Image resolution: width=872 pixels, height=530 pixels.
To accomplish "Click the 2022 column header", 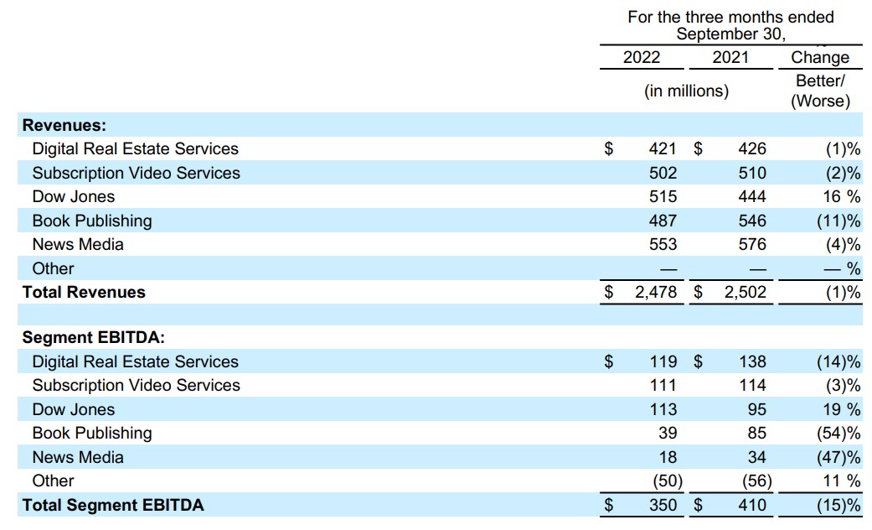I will point(642,58).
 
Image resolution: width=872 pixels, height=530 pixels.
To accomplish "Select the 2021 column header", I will point(730,58).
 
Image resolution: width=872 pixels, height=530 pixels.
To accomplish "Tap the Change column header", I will point(820,58).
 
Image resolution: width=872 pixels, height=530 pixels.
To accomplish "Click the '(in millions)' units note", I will point(686,91).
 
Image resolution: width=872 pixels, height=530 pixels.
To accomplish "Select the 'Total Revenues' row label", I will point(84,292).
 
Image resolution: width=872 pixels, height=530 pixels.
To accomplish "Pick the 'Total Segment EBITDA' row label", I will point(113,505).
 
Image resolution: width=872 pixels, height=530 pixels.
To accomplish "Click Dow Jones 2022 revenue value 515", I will point(663,197).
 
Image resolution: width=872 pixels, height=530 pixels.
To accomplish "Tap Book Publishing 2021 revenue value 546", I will point(752,221).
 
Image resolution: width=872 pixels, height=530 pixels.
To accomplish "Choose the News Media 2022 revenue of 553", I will point(663,245).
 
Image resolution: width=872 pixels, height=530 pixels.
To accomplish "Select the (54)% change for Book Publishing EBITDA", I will point(838,434).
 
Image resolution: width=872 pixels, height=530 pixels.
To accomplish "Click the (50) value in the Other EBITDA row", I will point(666,481).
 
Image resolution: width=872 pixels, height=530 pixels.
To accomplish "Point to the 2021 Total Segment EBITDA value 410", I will point(752,506).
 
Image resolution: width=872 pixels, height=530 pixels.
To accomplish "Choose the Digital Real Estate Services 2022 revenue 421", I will point(663,149).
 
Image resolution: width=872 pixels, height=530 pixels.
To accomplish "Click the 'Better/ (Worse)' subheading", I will point(820,91).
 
